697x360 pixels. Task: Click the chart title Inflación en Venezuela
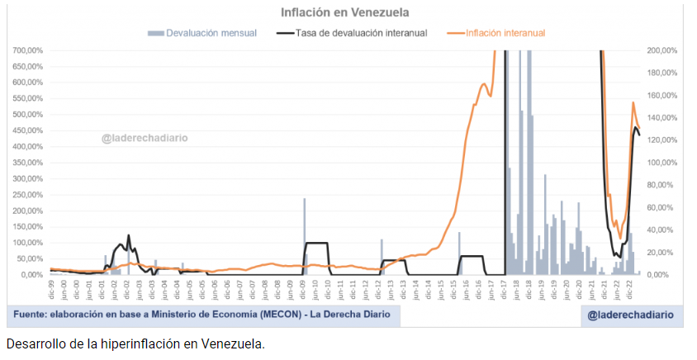(x=345, y=12)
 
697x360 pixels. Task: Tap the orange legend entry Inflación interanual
(x=505, y=33)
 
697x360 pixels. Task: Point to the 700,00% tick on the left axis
(x=27, y=50)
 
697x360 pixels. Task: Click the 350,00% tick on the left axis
(x=27, y=163)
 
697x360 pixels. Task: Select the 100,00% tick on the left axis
(x=27, y=243)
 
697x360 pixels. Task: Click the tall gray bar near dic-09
(x=304, y=235)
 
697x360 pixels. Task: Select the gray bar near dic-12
(x=382, y=256)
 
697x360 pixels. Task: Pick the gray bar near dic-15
(x=459, y=252)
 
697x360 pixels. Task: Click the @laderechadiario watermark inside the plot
(x=145, y=138)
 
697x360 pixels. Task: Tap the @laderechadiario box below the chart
(x=630, y=315)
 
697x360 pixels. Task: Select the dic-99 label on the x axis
(x=51, y=288)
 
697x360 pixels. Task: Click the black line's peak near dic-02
(x=128, y=235)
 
